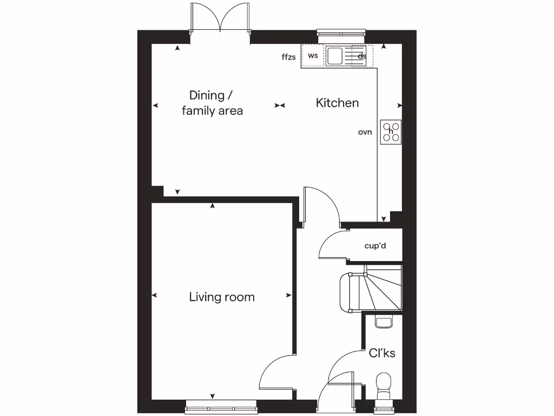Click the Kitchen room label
pyautogui.click(x=337, y=103)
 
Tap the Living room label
pyautogui.click(x=222, y=297)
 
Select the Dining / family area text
pyautogui.click(x=212, y=103)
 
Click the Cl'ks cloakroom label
pyautogui.click(x=382, y=353)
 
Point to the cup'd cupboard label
pyautogui.click(x=375, y=246)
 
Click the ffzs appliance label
pyautogui.click(x=289, y=57)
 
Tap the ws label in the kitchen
pyautogui.click(x=313, y=56)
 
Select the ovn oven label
pyautogui.click(x=365, y=132)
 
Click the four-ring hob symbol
pyautogui.click(x=391, y=131)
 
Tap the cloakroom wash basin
pyautogui.click(x=384, y=322)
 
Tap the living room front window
pyautogui.click(x=221, y=404)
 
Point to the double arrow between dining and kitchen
pyautogui.click(x=280, y=105)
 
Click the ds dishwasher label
pyautogui.click(x=362, y=56)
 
